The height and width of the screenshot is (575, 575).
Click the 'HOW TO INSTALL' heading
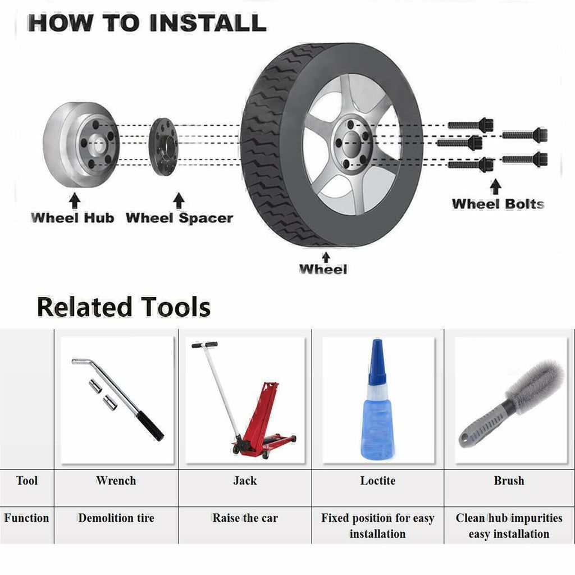(147, 23)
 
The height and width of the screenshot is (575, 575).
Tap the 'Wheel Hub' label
(72, 218)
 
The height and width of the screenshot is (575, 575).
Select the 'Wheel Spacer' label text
(179, 218)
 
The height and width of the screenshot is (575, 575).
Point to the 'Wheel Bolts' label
(498, 204)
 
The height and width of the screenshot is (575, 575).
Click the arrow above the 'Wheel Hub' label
(75, 201)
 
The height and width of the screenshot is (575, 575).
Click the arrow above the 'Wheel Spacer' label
(179, 200)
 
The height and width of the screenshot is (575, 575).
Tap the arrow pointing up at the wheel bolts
(495, 186)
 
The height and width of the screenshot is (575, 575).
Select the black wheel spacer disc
(163, 147)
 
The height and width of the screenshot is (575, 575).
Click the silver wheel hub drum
(81, 144)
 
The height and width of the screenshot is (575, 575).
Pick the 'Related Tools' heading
(124, 307)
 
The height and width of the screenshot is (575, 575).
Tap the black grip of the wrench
(150, 426)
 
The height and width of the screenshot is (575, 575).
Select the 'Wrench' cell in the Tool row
(116, 481)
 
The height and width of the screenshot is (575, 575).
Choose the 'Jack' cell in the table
(245, 481)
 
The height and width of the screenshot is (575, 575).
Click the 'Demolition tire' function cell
(116, 518)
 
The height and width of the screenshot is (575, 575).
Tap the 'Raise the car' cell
(245, 518)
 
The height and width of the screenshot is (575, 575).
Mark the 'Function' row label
(26, 518)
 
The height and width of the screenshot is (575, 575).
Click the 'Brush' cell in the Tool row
(509, 481)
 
